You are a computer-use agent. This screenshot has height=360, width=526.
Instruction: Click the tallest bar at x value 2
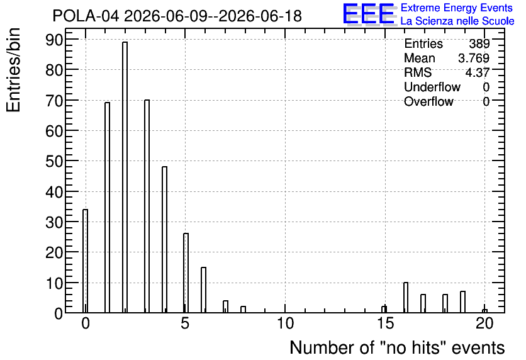tap(125, 177)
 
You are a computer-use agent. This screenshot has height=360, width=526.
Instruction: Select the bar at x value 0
tap(85, 261)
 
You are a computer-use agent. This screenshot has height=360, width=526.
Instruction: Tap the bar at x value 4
tap(164, 240)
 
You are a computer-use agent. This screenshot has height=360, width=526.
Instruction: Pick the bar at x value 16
tap(406, 298)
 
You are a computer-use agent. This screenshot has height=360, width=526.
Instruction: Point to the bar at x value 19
tap(462, 302)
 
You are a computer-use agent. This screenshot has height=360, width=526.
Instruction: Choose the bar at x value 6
tap(203, 290)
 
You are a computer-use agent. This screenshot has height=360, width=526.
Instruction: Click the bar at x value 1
tap(107, 207)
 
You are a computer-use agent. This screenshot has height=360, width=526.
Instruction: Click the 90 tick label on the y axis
tap(54, 40)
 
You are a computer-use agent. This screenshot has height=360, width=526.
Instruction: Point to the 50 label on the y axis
tap(54, 161)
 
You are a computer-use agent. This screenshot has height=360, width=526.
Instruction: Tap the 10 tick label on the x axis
tap(285, 323)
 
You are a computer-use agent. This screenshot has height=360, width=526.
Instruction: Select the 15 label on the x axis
tap(385, 323)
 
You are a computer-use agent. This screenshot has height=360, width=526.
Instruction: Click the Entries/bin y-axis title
tap(13, 70)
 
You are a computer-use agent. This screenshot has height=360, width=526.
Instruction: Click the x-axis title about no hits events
tap(397, 347)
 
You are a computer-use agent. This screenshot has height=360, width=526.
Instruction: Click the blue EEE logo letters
tap(369, 14)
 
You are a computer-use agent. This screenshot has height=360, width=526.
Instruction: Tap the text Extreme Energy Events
tap(457, 8)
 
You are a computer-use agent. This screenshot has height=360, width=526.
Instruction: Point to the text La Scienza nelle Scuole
tap(457, 21)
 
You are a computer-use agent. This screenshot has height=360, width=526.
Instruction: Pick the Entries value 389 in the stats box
tap(479, 43)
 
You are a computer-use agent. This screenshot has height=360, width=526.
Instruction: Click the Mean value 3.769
tap(474, 58)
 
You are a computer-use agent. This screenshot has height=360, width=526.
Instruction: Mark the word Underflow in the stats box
tap(432, 87)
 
